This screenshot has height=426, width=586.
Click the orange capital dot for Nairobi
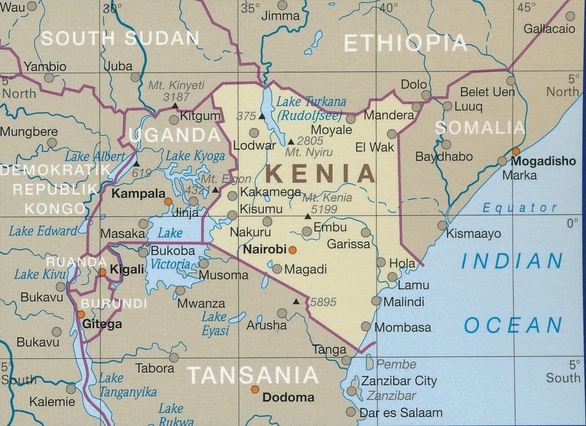tap(292, 250)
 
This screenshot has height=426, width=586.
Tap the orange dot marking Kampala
tap(168, 201)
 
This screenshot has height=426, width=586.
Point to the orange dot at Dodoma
tap(255, 390)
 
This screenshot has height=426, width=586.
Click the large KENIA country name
tap(321, 174)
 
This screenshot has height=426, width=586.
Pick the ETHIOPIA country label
tap(405, 44)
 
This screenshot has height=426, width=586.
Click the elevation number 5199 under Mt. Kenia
tap(324, 209)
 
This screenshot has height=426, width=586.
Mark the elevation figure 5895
tap(323, 302)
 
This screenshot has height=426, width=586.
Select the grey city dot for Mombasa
tap(366, 326)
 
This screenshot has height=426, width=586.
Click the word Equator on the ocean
tap(520, 208)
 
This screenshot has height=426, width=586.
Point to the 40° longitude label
tap(388, 8)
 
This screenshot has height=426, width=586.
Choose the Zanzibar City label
tap(399, 381)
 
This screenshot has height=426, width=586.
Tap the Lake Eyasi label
tap(216, 324)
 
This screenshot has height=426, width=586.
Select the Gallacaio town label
tap(549, 29)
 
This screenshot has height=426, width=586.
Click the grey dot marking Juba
tap(135, 77)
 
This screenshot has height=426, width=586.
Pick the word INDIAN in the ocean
tap(512, 261)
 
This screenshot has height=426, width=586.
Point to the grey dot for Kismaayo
tap(442, 226)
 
